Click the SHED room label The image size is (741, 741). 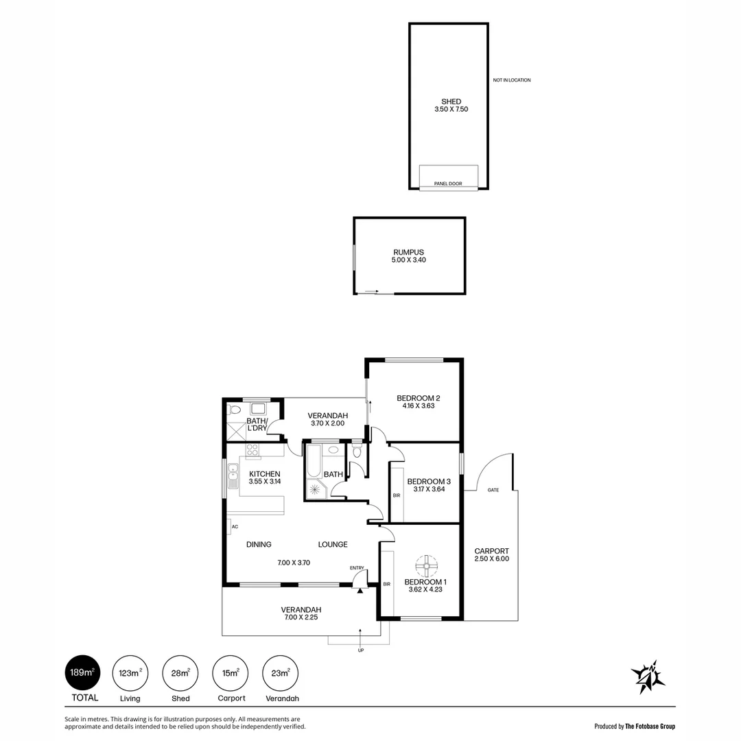tap(451, 102)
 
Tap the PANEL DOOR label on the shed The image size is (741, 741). tap(448, 184)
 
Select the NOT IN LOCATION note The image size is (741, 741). tap(511, 80)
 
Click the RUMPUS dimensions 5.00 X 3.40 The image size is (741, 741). tap(409, 260)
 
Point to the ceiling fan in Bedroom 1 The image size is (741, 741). tap(426, 566)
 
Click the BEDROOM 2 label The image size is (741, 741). tap(418, 398)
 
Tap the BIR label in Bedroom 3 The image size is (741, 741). tap(396, 495)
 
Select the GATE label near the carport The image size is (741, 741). tap(493, 490)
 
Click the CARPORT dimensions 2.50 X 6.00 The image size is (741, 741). tap(491, 558)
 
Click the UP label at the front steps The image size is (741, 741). tap(361, 650)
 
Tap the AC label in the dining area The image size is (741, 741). tap(235, 526)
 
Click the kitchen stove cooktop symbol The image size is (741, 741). tap(252, 451)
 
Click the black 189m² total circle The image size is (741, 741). tap(82, 672)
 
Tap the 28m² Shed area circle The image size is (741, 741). tap(180, 672)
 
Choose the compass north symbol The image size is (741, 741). tap(648, 677)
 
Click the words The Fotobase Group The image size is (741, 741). tap(650, 725)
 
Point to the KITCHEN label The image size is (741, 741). tap(264, 474)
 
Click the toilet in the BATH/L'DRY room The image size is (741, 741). tap(235, 410)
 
